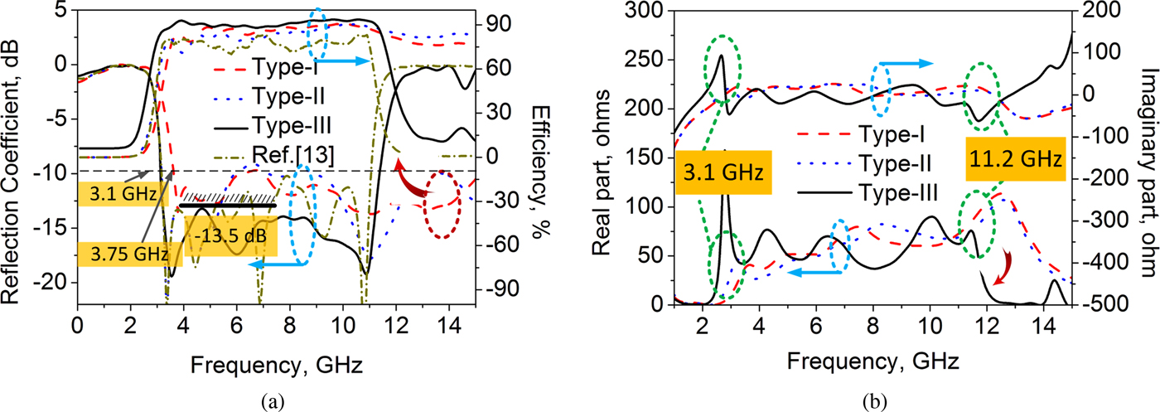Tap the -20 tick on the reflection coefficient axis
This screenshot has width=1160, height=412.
(x=51, y=283)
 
